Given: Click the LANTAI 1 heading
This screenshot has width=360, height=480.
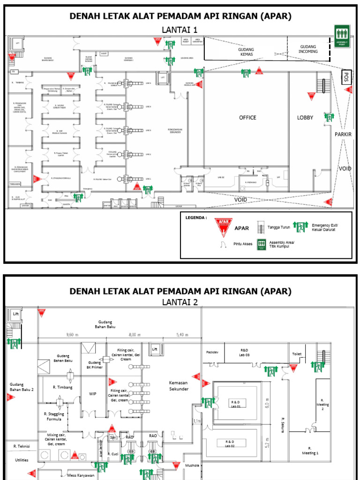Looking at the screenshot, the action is (180, 30).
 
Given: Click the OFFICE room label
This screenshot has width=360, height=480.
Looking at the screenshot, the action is (247, 118).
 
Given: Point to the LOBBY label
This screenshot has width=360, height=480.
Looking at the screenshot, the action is (305, 118).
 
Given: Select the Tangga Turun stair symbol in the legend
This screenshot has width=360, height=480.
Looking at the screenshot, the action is (259, 228).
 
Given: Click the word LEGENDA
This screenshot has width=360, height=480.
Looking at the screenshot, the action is (195, 217).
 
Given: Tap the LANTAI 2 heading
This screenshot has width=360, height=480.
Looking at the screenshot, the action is (180, 302).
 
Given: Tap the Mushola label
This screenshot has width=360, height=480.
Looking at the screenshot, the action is (193, 466).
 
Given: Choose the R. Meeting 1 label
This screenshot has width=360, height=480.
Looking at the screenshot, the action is (310, 450).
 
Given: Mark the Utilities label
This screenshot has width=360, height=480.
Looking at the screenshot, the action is (22, 460).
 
